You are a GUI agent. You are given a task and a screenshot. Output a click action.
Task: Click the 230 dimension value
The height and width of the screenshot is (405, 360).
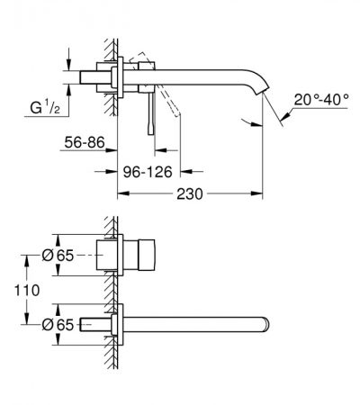click(x=190, y=194)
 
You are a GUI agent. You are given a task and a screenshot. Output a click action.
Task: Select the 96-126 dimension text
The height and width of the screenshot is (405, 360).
click(x=148, y=172)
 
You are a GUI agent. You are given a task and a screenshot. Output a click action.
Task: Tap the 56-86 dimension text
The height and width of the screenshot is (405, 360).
click(x=85, y=142)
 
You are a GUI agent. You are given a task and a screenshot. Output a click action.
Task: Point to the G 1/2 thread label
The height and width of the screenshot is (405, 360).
click(x=45, y=107)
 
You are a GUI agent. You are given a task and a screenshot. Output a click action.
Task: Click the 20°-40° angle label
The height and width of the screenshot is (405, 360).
click(x=321, y=99)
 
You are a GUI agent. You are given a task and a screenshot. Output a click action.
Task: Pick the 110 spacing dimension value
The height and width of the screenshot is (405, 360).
click(x=27, y=291)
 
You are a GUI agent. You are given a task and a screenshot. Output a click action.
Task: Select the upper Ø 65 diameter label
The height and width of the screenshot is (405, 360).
click(x=58, y=256)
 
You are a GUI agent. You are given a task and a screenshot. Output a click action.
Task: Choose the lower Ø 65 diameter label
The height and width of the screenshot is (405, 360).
click(x=58, y=325)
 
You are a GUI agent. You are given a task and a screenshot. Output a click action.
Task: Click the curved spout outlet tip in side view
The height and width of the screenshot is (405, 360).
click(x=263, y=91)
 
